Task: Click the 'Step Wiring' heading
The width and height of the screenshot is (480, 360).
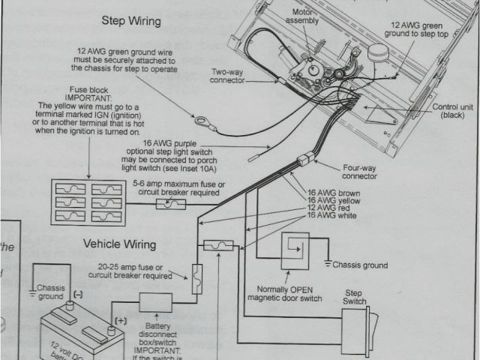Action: click(131, 21)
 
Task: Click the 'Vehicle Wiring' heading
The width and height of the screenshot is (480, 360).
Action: click(119, 244)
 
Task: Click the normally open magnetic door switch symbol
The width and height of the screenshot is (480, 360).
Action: click(293, 250)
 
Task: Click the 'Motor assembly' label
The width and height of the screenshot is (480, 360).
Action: click(305, 16)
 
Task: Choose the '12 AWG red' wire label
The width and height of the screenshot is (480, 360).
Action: click(328, 208)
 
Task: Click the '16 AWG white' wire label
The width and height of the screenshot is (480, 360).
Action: click(331, 217)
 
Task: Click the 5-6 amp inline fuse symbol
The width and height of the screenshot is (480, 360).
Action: click(165, 204)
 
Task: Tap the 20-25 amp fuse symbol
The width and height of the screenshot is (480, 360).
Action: click(198, 278)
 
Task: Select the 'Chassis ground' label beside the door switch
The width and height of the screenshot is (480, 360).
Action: click(360, 265)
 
